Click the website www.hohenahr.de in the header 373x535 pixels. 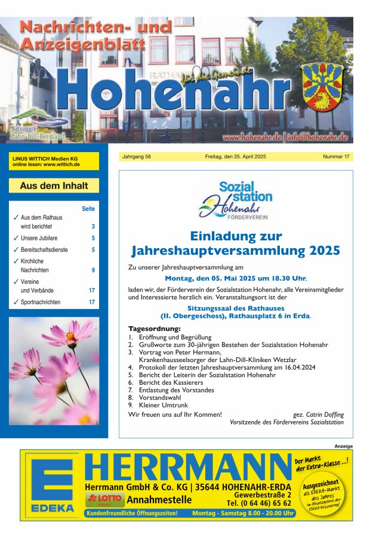[x=252, y=137]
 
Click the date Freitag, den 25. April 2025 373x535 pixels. [x=236, y=157]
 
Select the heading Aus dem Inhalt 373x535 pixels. [x=54, y=185]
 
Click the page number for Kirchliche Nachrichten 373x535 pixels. [x=93, y=270]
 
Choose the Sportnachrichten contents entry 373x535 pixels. [x=41, y=302]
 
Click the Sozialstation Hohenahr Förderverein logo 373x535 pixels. [x=236, y=200]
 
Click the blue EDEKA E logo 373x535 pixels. [x=53, y=483]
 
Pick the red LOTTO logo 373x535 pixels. [x=105, y=498]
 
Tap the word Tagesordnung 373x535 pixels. [x=154, y=329]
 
